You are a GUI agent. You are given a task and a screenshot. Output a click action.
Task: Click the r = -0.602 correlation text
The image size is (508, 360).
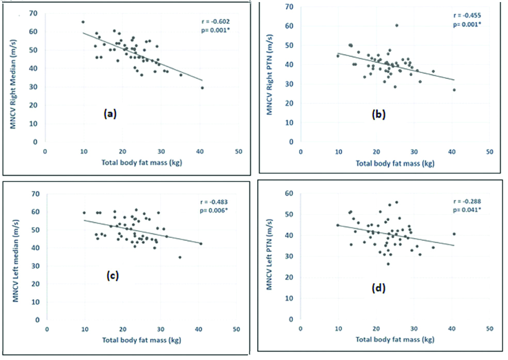(215, 21)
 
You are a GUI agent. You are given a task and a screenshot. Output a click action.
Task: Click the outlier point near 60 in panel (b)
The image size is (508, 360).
(396, 25)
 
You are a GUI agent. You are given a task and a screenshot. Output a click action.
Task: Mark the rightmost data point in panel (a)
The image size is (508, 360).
(202, 88)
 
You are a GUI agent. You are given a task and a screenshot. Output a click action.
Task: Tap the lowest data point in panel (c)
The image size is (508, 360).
(180, 257)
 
